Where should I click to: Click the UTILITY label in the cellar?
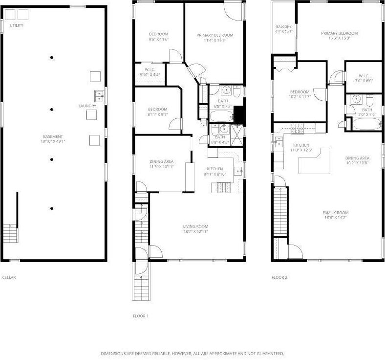(x=17, y=25)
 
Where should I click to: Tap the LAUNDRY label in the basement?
(x=87, y=106)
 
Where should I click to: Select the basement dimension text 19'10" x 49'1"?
(x=52, y=141)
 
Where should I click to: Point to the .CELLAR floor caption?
(x=9, y=277)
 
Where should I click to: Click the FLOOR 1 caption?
(x=141, y=316)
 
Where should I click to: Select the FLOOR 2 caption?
(x=279, y=277)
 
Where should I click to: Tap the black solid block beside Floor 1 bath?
(x=238, y=114)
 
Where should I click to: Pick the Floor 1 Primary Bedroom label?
(x=214, y=35)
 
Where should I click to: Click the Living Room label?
(x=195, y=226)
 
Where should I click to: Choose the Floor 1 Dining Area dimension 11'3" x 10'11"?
(x=161, y=166)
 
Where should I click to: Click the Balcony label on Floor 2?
(x=284, y=26)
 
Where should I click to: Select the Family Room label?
(x=335, y=212)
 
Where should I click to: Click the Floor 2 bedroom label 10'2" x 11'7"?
(x=299, y=97)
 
